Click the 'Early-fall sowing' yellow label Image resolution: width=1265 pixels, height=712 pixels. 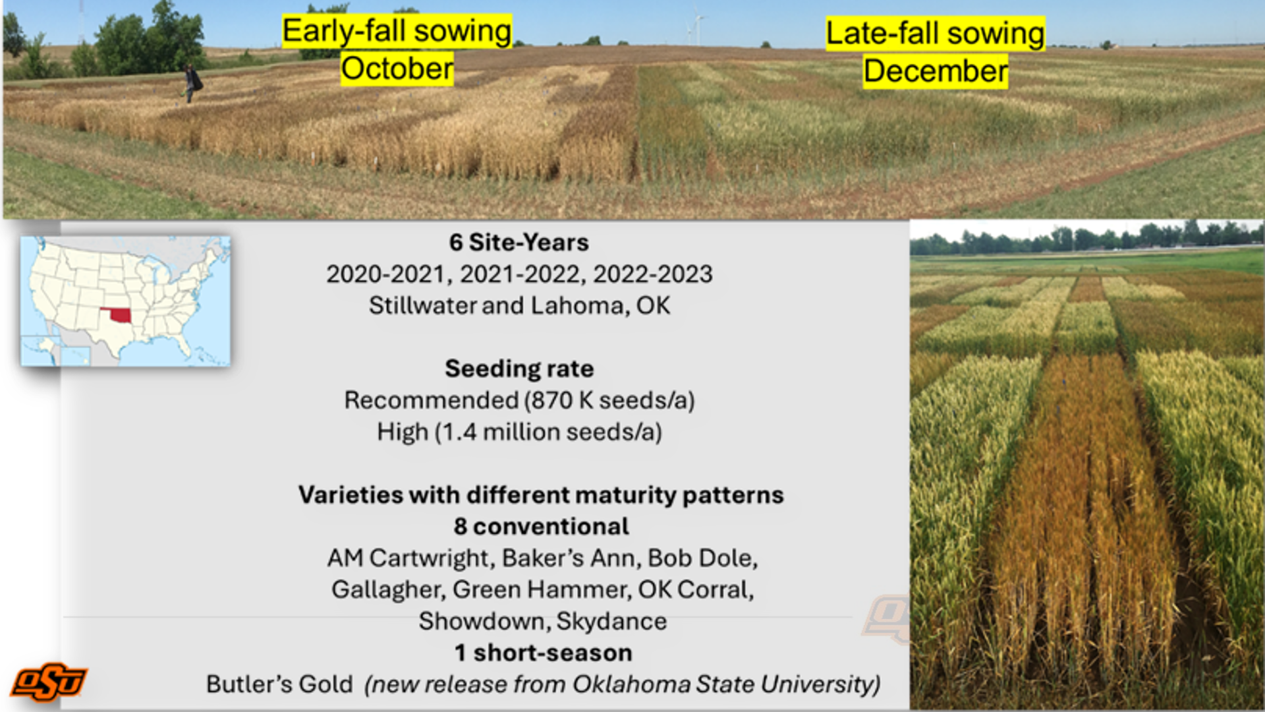(x=397, y=31)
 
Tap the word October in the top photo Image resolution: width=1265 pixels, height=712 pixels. (x=397, y=69)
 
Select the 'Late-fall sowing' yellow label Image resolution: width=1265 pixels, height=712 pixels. (x=936, y=34)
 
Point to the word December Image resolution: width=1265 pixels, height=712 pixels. (x=936, y=71)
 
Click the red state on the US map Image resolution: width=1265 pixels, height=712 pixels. (x=117, y=314)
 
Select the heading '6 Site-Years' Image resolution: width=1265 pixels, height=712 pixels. (x=519, y=243)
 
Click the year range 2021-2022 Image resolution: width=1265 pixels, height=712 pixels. (x=520, y=274)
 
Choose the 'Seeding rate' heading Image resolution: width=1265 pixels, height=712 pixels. (x=519, y=369)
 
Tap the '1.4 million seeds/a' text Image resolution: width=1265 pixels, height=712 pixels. (x=549, y=432)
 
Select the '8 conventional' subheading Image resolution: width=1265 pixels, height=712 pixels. (x=541, y=527)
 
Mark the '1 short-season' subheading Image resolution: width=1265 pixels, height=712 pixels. (x=544, y=653)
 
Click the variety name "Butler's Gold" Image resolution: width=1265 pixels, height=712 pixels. (x=279, y=684)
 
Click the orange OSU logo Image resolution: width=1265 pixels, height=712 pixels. (x=49, y=682)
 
